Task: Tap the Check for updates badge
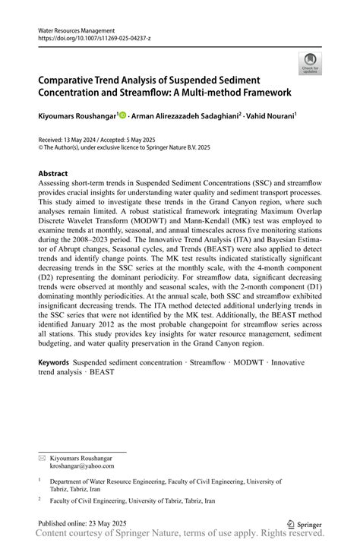(x=310, y=64)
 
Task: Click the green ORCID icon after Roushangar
(x=122, y=115)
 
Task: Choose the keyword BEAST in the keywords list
(x=102, y=373)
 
